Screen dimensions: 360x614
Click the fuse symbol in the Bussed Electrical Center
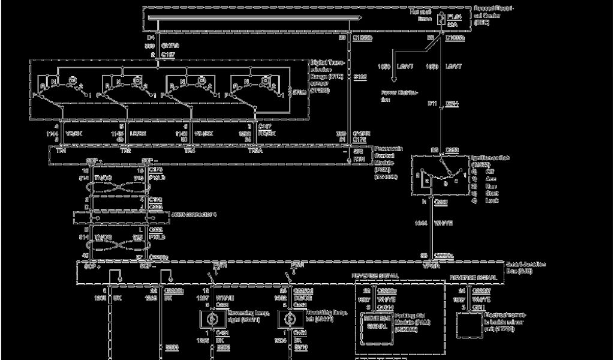441,19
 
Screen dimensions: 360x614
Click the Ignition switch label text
490,160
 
